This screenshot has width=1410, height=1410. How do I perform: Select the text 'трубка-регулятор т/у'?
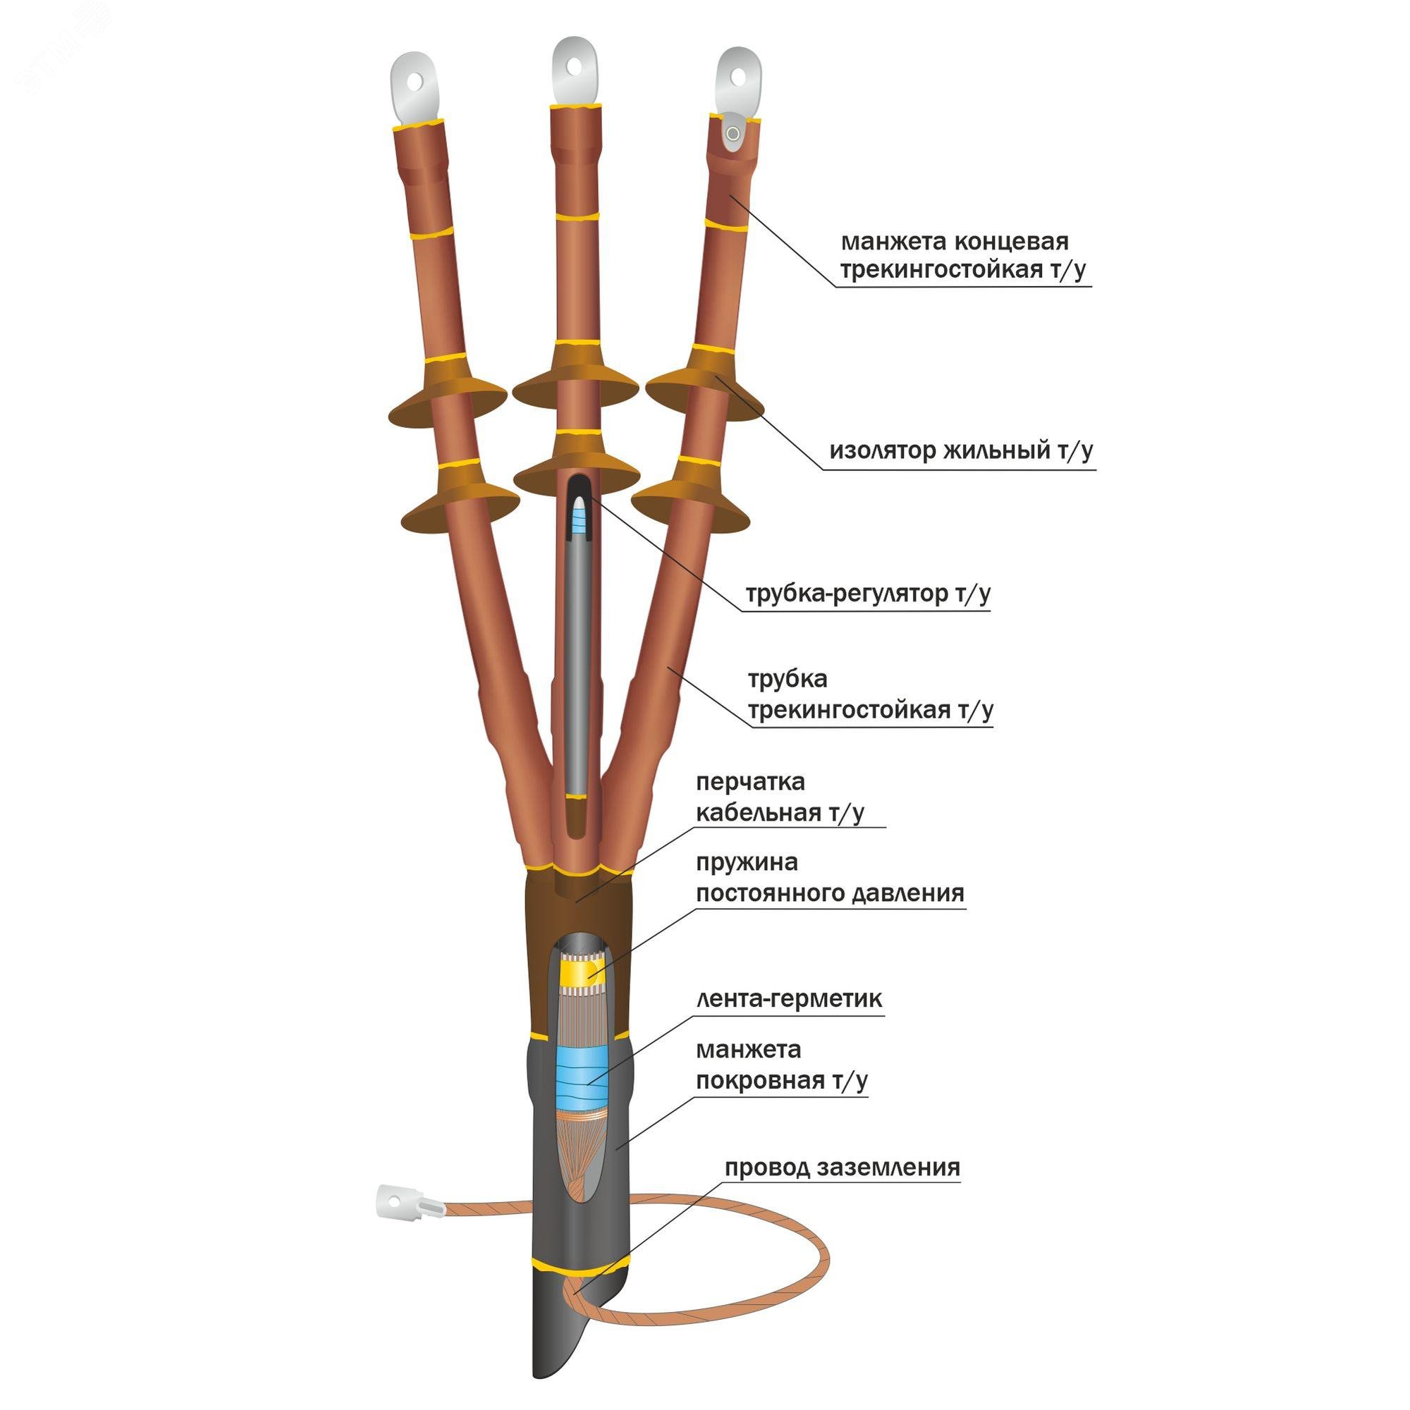tap(868, 594)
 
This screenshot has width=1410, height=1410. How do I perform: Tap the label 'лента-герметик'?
tap(789, 998)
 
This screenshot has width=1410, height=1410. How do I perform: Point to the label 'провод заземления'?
tap(842, 1167)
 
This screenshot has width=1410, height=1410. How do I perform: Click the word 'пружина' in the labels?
tap(747, 864)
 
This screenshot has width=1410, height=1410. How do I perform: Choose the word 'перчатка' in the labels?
tap(750, 782)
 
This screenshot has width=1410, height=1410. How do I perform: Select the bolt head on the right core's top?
tap(732, 133)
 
